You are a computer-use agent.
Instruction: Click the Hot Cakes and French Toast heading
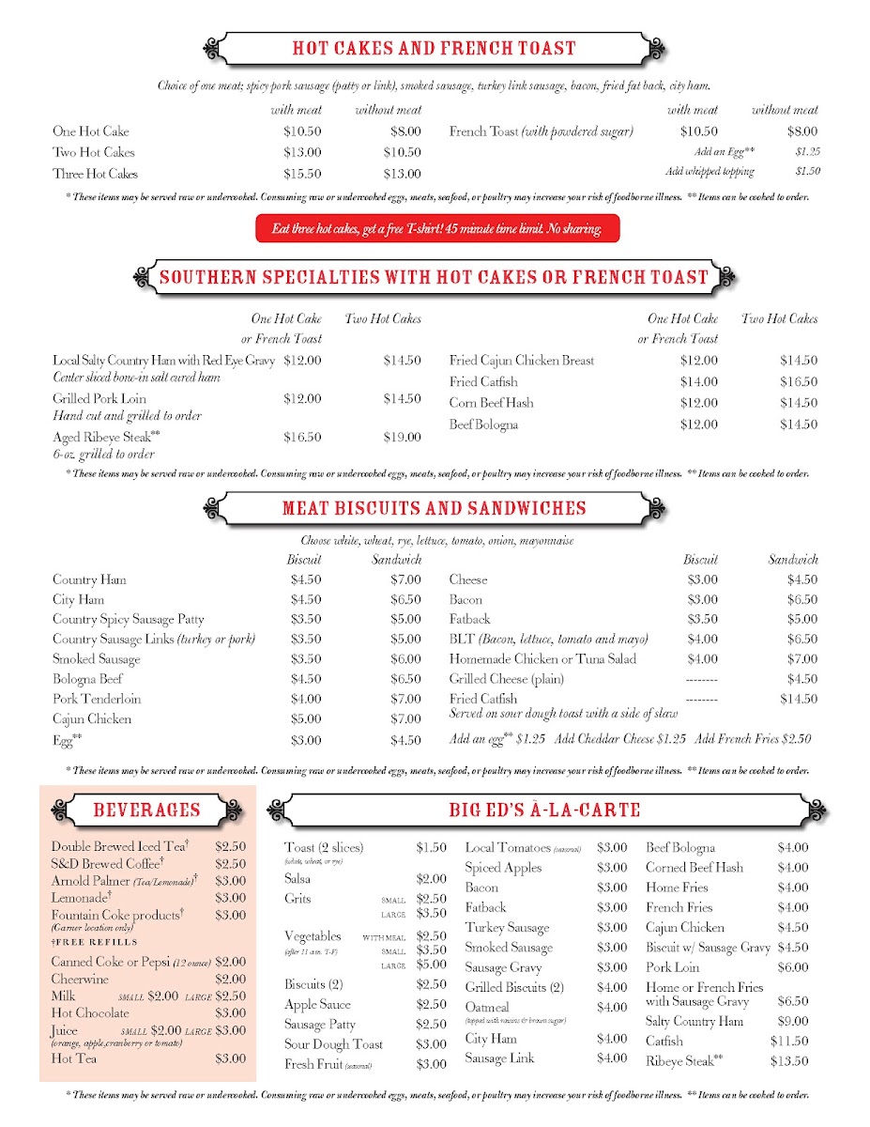pyautogui.click(x=434, y=49)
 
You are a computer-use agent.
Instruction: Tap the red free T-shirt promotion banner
pyautogui.click(x=437, y=228)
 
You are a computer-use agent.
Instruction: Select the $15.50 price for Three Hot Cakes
pyautogui.click(x=302, y=174)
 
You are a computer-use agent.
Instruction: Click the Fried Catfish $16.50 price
pyautogui.click(x=798, y=382)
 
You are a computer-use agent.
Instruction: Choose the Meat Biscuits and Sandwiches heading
pyautogui.click(x=434, y=509)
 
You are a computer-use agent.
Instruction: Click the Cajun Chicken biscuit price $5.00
pyautogui.click(x=305, y=719)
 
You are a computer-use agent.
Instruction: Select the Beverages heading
pyautogui.click(x=146, y=810)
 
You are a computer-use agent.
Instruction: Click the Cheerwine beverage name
pyautogui.click(x=80, y=980)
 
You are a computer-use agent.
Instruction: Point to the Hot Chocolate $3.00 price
pyautogui.click(x=231, y=1013)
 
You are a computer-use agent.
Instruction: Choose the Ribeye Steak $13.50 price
pyautogui.click(x=792, y=1062)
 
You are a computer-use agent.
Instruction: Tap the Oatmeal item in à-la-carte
pyautogui.click(x=487, y=1007)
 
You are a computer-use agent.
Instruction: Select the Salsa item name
pyautogui.click(x=298, y=879)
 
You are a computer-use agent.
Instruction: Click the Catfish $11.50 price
pyautogui.click(x=792, y=1042)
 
